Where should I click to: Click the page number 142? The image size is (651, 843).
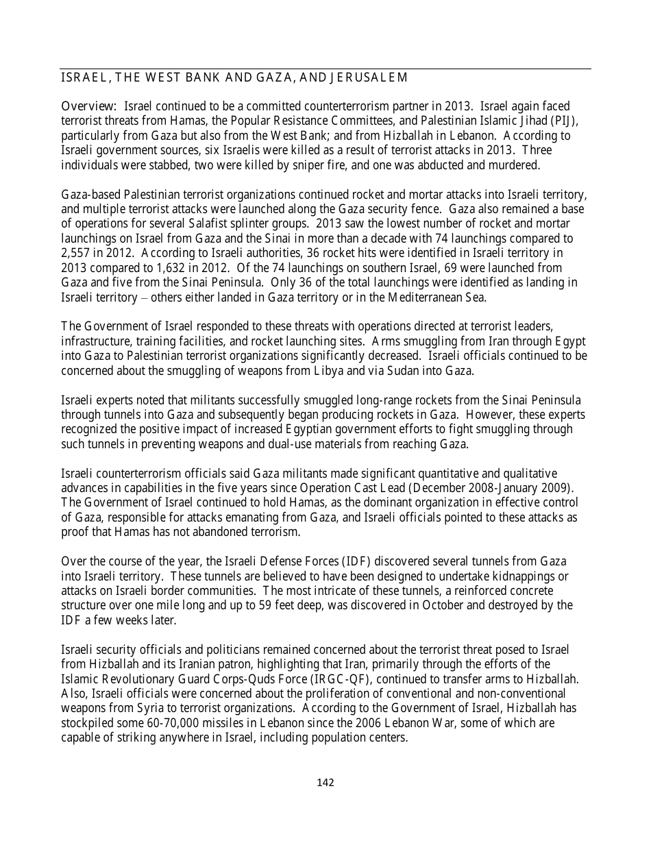tap(325, 783)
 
